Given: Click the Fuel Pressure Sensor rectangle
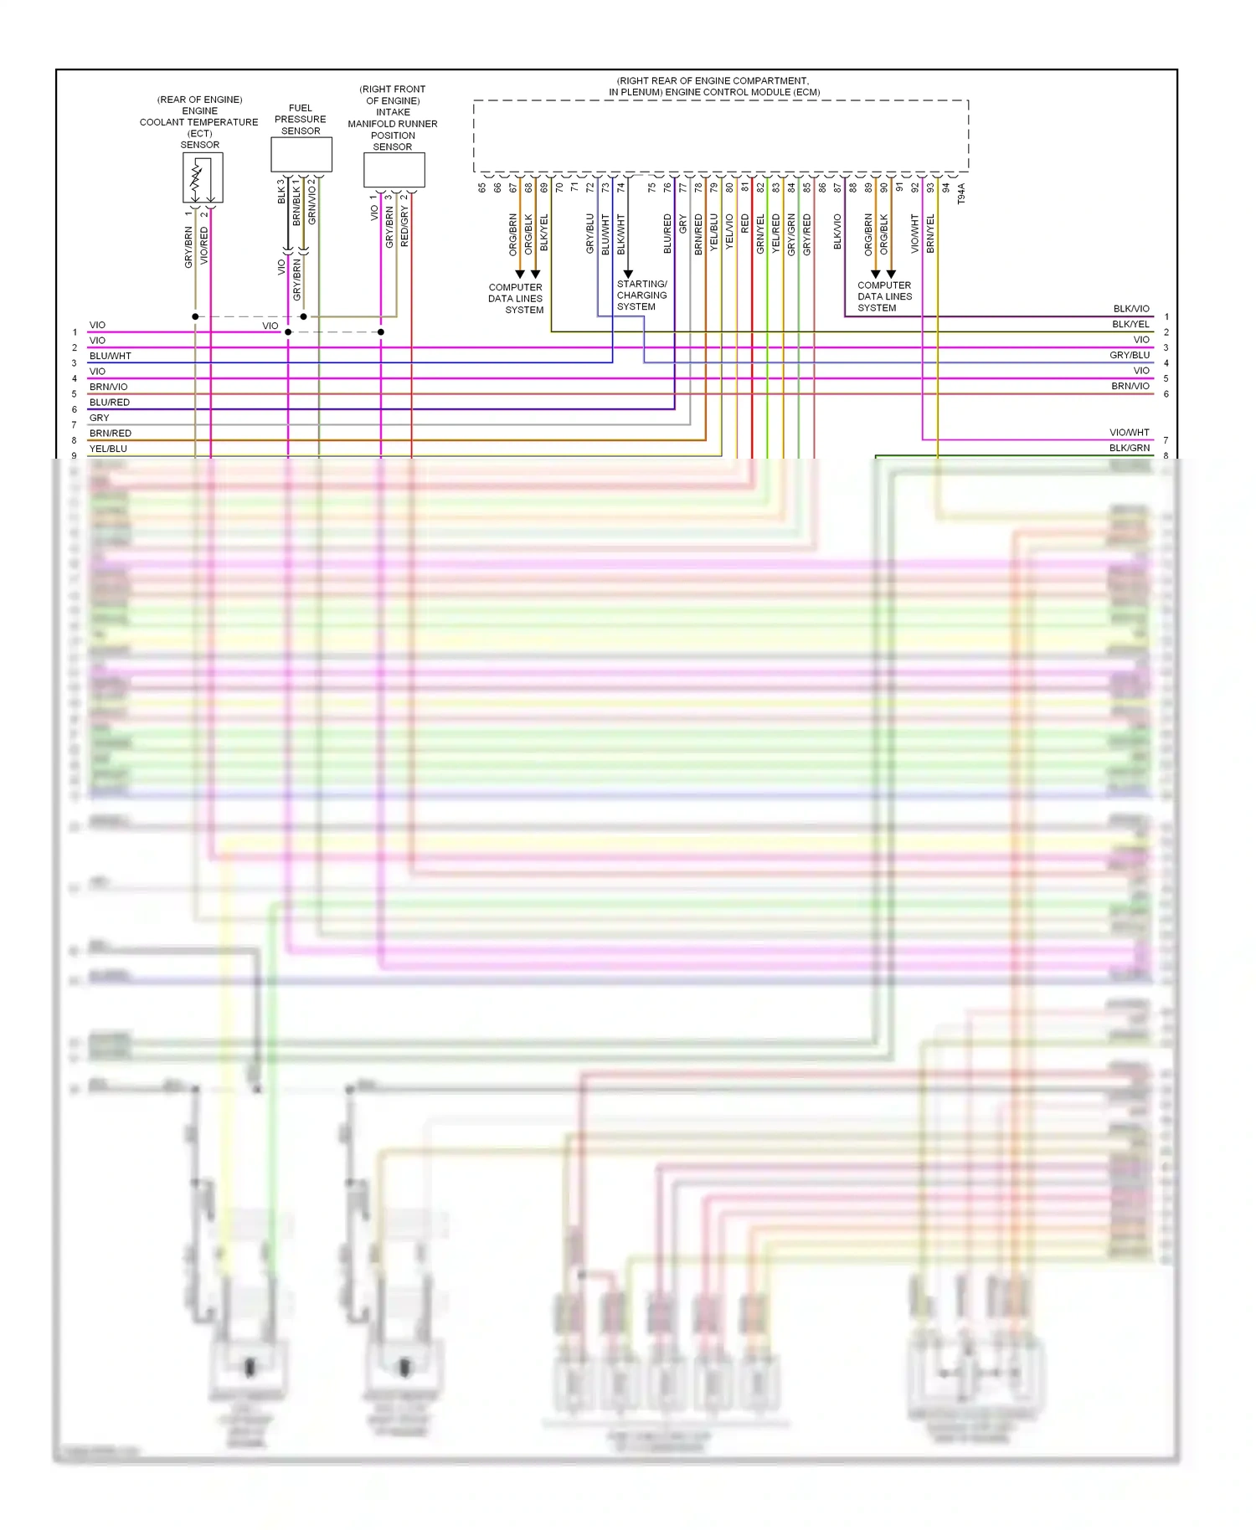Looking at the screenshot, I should pos(301,155).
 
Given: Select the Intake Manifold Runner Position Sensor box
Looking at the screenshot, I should pos(394,170).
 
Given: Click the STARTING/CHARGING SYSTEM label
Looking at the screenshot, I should pos(641,295).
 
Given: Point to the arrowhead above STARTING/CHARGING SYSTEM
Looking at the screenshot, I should pos(628,274).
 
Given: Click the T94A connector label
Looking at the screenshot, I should pos(961,194).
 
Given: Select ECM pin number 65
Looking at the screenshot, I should pos(482,188).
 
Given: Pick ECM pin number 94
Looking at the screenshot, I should pos(946,188).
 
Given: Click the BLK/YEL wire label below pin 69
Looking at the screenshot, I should pos(544,233).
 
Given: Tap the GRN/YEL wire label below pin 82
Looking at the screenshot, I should pos(760,234).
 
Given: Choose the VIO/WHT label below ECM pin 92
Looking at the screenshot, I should pos(914,234).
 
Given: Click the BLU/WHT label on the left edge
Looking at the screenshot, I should pos(111,356).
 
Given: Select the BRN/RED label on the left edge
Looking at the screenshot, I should pos(111,433).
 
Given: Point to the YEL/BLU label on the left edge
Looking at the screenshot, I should pos(108,449).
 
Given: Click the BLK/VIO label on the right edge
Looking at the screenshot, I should pos(1131,309).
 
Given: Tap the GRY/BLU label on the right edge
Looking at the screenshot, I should pos(1130,355).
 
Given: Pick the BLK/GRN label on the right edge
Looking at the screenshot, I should pos(1130,448).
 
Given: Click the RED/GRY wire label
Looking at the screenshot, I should pos(404,226).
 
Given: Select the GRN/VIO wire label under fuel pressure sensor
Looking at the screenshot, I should pos(312,202).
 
